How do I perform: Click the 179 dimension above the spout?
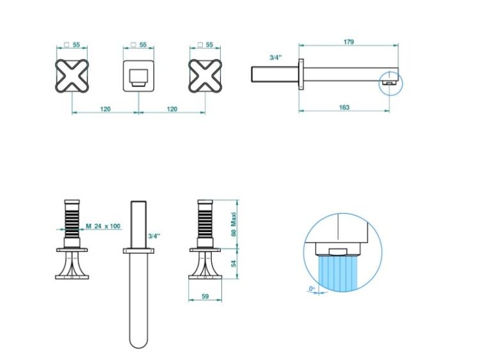(348, 42)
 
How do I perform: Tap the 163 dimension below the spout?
(344, 107)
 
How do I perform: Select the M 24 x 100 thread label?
(103, 226)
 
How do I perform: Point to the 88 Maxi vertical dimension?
(234, 224)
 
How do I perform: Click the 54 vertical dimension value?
(234, 263)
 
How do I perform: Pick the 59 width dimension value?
(205, 296)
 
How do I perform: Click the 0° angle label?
(312, 288)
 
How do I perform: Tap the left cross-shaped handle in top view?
(72, 76)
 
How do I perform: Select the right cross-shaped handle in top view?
(205, 76)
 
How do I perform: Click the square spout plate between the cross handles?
(139, 76)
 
